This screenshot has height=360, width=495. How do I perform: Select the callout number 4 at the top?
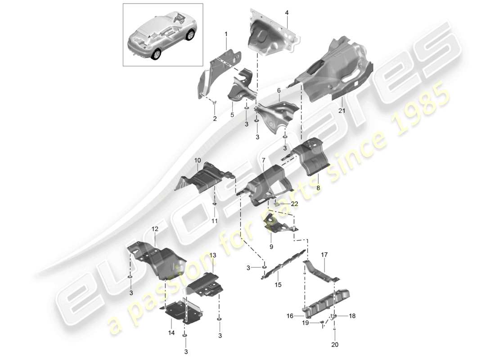coord(287,12)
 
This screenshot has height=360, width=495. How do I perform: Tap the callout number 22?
coord(294,204)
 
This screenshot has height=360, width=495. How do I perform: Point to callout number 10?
coord(198,160)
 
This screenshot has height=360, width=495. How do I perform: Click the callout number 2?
coord(215,119)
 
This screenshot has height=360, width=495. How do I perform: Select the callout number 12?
coord(155,229)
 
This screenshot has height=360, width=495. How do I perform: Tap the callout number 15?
coord(278,284)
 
